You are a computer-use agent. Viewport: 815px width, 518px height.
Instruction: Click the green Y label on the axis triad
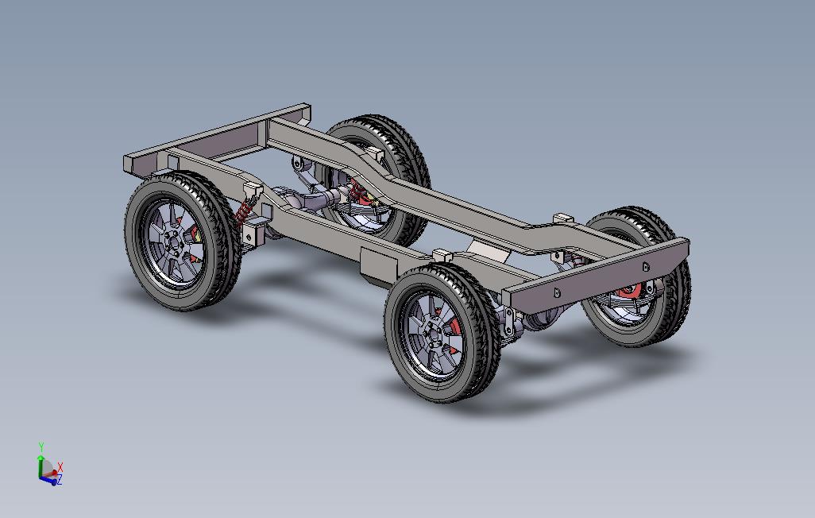tap(41, 446)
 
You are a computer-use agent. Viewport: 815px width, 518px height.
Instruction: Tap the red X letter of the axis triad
tap(60, 466)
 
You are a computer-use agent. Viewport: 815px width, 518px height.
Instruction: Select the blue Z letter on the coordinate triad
tap(60, 480)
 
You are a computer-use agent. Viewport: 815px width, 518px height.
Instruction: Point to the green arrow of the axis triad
tap(41, 466)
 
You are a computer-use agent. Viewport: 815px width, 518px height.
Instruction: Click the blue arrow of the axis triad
tap(48, 481)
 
